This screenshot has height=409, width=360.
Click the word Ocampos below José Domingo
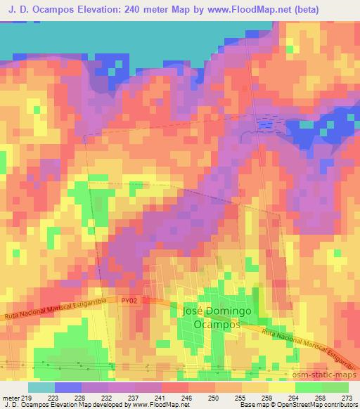pyautogui.click(x=217, y=325)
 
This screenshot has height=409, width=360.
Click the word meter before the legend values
pyautogui.click(x=10, y=397)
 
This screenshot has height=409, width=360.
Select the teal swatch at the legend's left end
pyautogui.click(x=41, y=387)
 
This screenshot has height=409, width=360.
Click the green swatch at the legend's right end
pyautogui.click(x=335, y=387)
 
